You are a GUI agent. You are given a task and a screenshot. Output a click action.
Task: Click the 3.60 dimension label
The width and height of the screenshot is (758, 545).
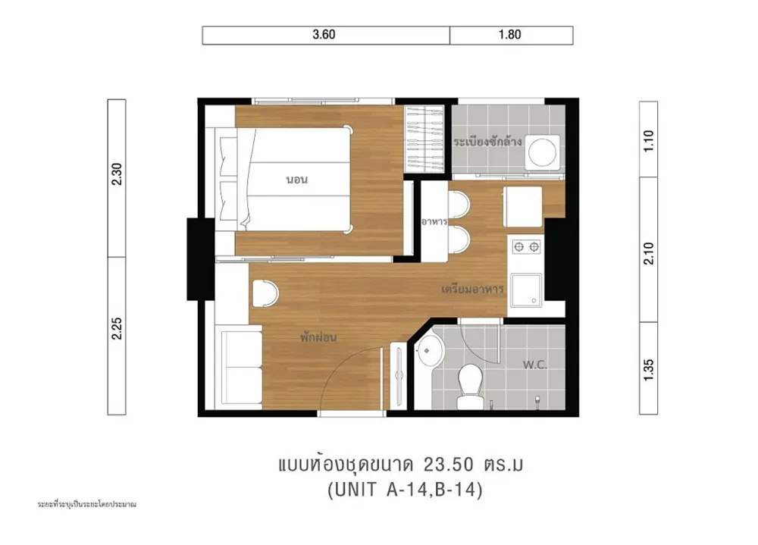(324, 34)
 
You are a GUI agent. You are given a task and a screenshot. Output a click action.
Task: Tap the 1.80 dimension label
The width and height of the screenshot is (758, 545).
(509, 34)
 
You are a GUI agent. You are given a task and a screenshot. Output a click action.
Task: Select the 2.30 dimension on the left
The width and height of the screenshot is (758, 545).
(117, 174)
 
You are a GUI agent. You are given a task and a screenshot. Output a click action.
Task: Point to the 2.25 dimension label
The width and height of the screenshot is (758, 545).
(117, 328)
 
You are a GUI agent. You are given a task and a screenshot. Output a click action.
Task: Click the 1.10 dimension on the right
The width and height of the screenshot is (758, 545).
(649, 141)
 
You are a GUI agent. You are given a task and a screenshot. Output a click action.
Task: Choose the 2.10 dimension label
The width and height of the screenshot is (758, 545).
(649, 253)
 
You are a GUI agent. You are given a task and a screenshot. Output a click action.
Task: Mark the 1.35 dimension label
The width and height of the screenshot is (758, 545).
(649, 370)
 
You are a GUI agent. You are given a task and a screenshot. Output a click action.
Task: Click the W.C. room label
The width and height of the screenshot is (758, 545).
(534, 365)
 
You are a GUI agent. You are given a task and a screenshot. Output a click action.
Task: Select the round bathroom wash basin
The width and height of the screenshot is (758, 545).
(431, 351)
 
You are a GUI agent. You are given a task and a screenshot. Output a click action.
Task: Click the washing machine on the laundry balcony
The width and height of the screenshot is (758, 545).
(543, 152)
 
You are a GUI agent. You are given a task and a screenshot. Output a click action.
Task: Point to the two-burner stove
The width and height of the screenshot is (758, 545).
(526, 247)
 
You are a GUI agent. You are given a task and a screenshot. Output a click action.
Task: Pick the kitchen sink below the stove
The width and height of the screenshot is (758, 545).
(527, 290)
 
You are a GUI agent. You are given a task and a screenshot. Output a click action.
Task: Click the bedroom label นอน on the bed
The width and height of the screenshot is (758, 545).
(297, 180)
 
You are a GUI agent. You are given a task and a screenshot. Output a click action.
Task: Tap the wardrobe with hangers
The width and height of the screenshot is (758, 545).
(424, 139)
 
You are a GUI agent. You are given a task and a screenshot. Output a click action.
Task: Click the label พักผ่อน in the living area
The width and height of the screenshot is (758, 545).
(318, 337)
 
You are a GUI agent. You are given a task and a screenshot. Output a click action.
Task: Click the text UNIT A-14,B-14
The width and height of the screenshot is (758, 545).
(405, 490)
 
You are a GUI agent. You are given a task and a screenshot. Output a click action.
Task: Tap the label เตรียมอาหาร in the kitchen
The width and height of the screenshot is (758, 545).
(473, 290)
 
